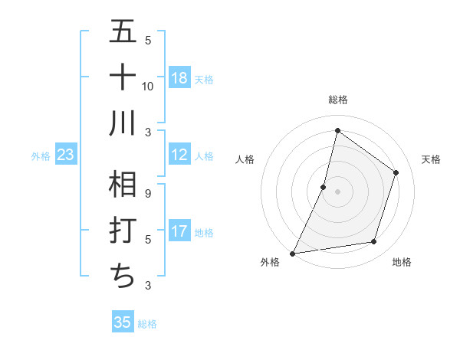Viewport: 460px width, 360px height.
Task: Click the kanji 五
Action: tap(123, 31)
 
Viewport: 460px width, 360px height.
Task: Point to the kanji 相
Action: tap(123, 185)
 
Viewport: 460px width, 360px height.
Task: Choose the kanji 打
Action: tap(123, 231)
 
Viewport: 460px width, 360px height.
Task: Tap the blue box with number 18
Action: tap(179, 77)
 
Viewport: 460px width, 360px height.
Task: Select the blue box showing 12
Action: tap(179, 155)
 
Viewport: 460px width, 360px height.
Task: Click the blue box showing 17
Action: tap(179, 231)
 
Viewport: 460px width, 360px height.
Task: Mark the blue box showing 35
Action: tap(123, 322)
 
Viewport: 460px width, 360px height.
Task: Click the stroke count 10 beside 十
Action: tap(148, 86)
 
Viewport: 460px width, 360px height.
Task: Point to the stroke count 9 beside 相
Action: tap(148, 193)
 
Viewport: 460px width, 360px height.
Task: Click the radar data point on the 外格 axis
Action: tap(293, 253)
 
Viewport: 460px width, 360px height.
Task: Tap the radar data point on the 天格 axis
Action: tap(396, 172)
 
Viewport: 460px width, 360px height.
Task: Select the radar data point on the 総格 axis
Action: tap(337, 130)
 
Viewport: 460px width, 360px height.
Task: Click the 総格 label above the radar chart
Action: tap(337, 100)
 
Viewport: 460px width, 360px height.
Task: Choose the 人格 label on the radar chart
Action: tap(245, 159)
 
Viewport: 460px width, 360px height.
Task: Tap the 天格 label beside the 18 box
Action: tap(204, 79)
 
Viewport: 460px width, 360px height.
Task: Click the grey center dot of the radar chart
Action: tap(337, 191)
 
